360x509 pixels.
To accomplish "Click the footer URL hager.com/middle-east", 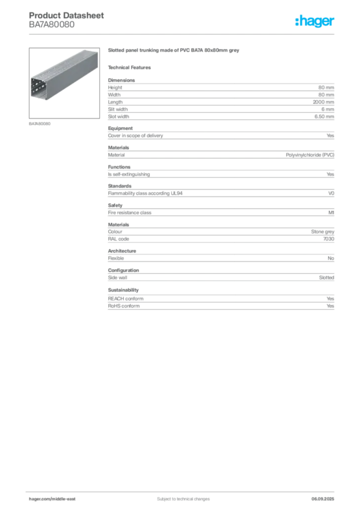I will coord(55,499).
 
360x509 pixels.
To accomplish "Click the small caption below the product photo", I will coord(39,123).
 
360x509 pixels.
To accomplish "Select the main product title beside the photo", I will coord(174,51).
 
